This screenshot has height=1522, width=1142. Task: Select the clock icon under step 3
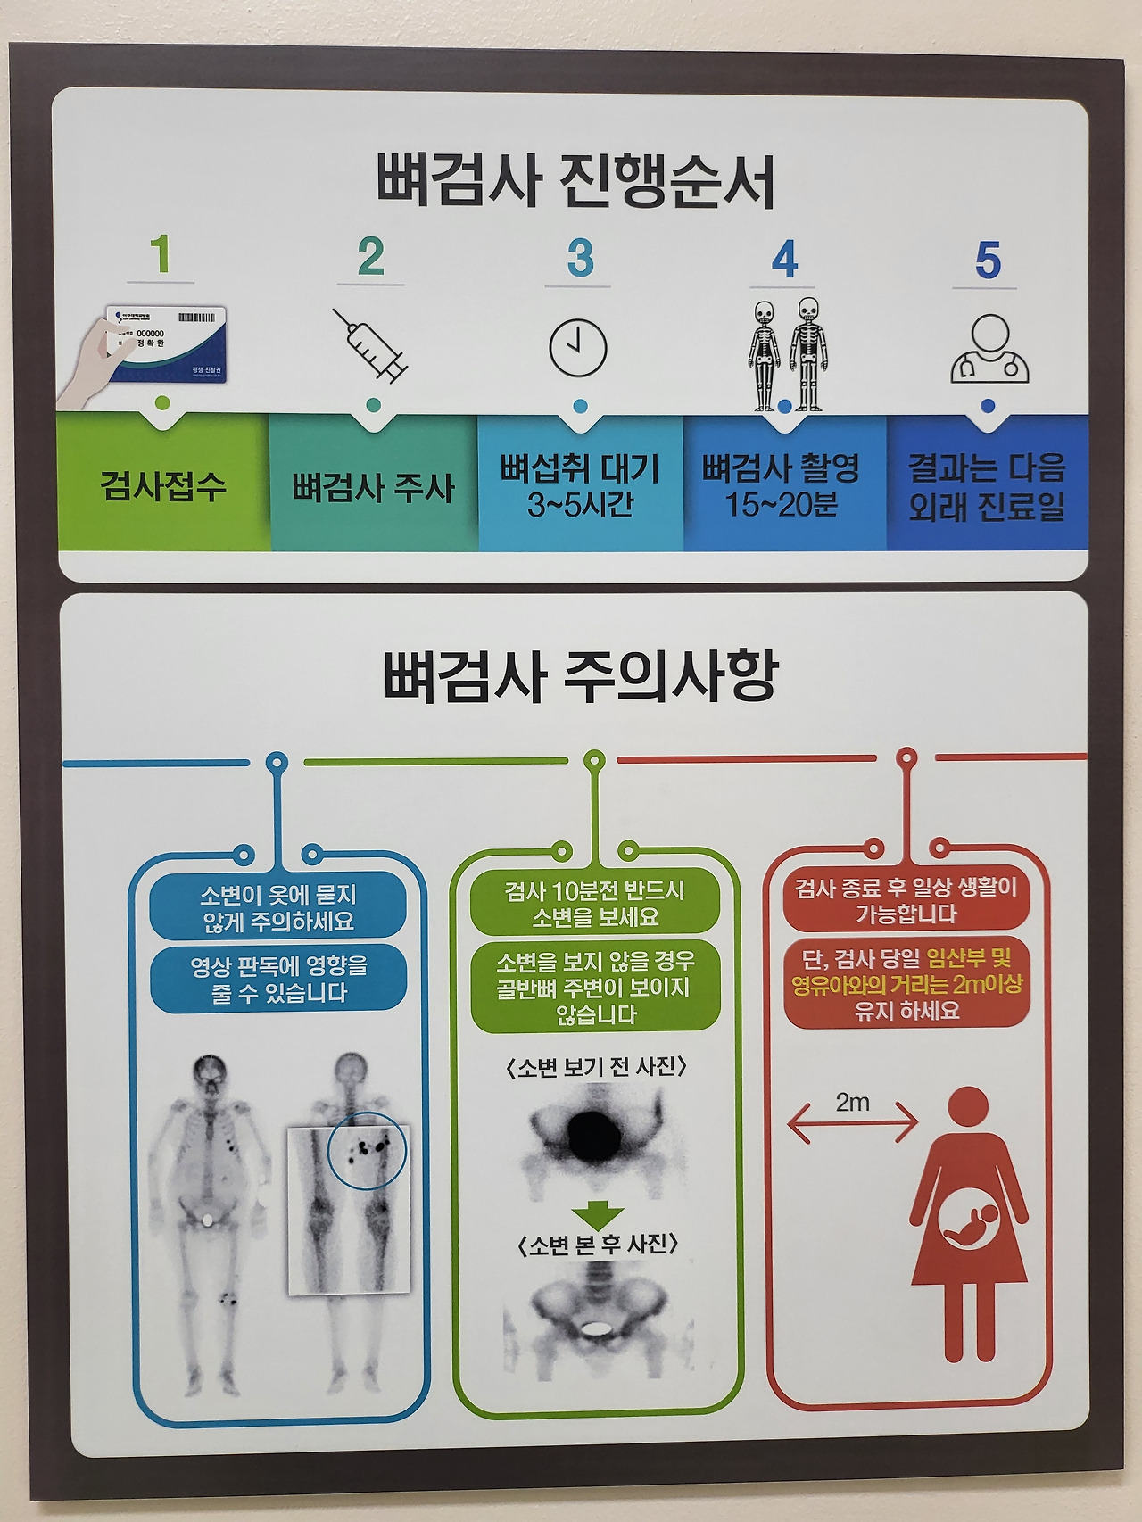click(578, 348)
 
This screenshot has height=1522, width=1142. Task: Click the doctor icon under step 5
click(989, 350)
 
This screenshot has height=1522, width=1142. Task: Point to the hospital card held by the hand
click(167, 343)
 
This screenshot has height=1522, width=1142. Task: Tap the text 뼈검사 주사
click(373, 488)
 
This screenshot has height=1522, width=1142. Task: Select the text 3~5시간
click(580, 506)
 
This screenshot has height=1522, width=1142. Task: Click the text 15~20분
click(782, 506)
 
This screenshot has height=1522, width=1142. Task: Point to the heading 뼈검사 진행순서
click(575, 181)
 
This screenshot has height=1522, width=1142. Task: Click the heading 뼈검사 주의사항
click(581, 675)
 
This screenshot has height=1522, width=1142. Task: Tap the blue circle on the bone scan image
click(367, 1150)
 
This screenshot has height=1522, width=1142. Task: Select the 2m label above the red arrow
click(853, 1103)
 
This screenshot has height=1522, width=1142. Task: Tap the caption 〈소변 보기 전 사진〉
click(596, 1067)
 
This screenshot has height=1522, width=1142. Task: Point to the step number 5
click(988, 261)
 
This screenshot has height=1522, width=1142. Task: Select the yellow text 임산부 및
click(969, 959)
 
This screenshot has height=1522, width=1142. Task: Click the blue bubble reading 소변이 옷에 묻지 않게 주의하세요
click(278, 907)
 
